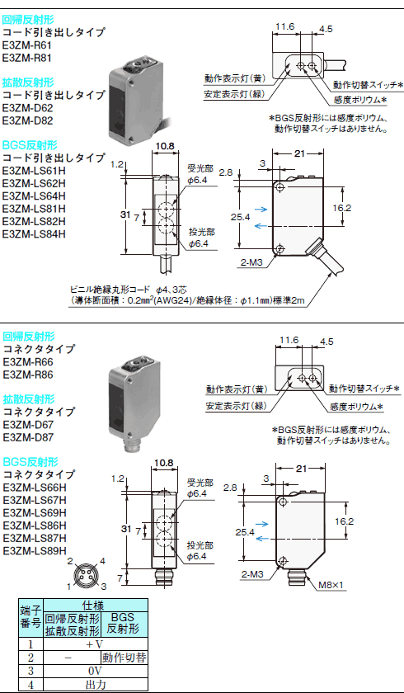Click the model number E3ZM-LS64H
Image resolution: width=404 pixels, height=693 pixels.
click(34, 196)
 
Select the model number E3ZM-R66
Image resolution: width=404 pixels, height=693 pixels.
click(28, 362)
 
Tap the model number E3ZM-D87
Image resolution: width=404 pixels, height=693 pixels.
click(28, 437)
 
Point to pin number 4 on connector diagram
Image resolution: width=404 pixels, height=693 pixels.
click(102, 562)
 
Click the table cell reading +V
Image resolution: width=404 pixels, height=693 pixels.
click(96, 645)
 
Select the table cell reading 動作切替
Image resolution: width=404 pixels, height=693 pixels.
click(124, 658)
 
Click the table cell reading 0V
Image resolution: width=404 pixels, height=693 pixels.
click(96, 670)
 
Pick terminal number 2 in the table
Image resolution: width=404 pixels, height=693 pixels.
click(31, 658)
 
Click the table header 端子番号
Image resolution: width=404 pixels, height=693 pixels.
click(31, 618)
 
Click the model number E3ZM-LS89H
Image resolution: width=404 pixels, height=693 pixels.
click(35, 551)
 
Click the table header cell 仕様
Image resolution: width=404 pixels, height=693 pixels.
click(96, 605)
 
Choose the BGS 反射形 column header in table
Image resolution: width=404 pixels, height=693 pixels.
click(124, 625)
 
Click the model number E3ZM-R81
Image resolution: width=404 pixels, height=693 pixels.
click(27, 58)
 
